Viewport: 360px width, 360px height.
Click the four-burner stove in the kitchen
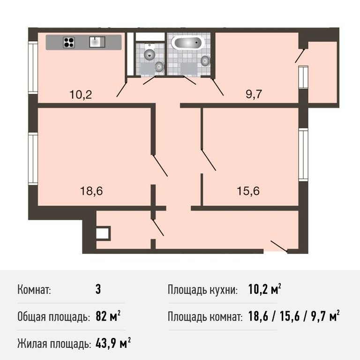[x=69, y=43]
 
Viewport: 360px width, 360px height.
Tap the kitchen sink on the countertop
[x=97, y=42]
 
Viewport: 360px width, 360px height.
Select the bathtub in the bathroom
[x=188, y=42]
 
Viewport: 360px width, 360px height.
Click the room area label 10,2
[x=81, y=95]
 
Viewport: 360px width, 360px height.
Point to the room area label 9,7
[x=254, y=94]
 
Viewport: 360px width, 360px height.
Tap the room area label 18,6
[x=91, y=191]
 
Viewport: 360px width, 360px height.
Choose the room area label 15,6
[x=248, y=191]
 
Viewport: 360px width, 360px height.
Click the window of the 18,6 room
[x=33, y=158]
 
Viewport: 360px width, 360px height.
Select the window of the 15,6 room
[x=303, y=155]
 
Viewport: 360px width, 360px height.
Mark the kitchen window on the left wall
[x=33, y=67]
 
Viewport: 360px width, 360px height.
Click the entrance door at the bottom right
[x=279, y=246]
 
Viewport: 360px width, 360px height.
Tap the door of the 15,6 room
[x=209, y=160]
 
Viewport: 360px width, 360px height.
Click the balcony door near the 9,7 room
[x=300, y=56]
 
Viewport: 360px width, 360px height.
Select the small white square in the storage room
[x=103, y=233]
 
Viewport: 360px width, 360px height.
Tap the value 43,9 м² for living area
[x=113, y=343]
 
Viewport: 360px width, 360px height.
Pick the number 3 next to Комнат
[x=98, y=289]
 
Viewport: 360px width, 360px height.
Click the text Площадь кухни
[x=202, y=290]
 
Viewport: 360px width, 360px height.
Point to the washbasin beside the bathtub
[x=205, y=60]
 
